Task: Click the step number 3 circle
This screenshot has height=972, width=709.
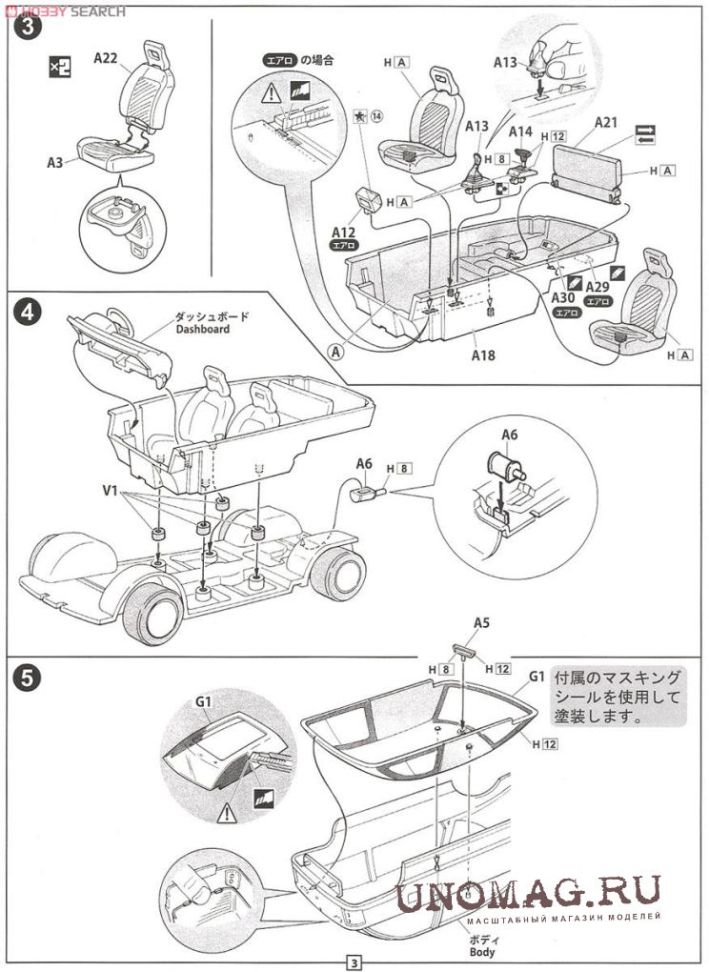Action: point(30,28)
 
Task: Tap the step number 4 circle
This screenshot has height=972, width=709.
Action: point(30,312)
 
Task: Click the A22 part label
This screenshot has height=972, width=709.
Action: point(106,58)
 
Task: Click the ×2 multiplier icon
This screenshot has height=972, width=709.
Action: point(59,67)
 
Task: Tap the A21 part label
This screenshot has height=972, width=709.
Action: point(606,123)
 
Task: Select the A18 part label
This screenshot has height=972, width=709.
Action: point(485,356)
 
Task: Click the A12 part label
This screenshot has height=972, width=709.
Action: point(344,232)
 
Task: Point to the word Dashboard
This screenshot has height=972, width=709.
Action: point(203,330)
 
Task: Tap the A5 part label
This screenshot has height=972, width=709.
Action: point(481,623)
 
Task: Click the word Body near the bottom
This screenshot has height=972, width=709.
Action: point(481,952)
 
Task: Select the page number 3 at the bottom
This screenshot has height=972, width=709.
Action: point(354,962)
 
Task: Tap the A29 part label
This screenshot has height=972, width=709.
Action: point(598,288)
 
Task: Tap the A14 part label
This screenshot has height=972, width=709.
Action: point(520,132)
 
